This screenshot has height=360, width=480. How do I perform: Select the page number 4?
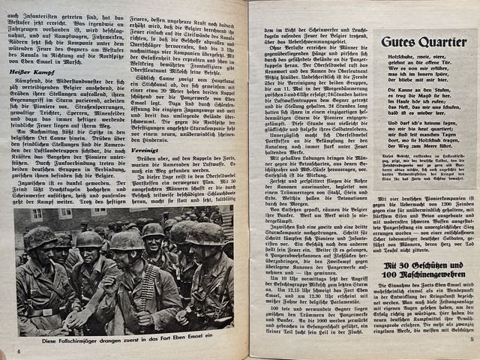(18, 350)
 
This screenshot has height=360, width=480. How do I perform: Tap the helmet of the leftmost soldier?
(40, 238)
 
